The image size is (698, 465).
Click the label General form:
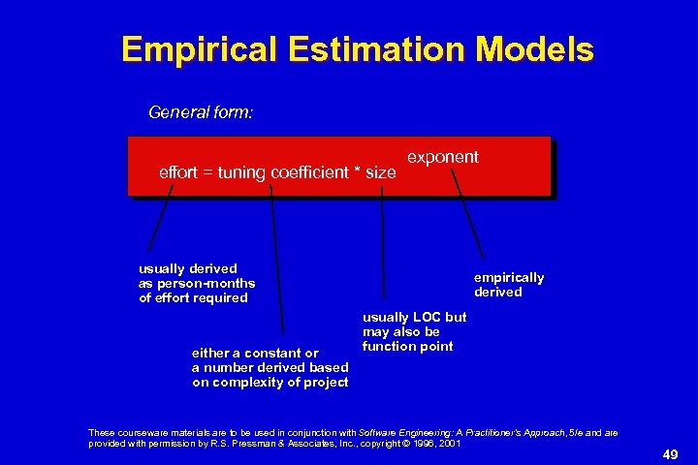201,112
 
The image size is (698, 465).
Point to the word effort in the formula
176,172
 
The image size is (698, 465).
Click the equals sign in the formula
206,172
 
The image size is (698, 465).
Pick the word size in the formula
380,172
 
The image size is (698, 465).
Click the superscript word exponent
442,156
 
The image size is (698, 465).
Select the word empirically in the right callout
509,278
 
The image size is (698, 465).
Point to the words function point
407,346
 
